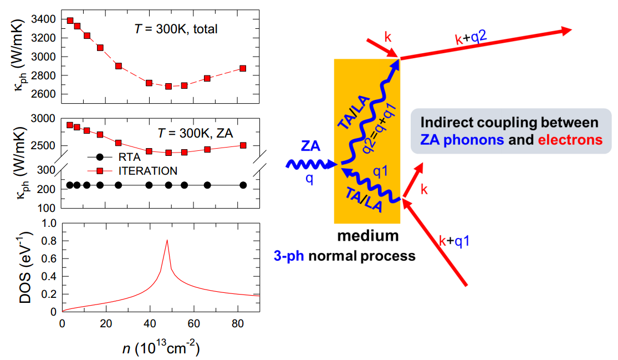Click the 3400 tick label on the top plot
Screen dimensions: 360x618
44,19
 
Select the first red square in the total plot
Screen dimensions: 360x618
70,21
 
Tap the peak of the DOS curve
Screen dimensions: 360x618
167,240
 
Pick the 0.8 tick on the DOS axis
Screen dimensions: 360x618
48,241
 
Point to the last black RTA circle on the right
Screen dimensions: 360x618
243,185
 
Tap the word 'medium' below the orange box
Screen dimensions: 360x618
368,236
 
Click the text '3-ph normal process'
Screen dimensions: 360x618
368,256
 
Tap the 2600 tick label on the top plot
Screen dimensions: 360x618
44,94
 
